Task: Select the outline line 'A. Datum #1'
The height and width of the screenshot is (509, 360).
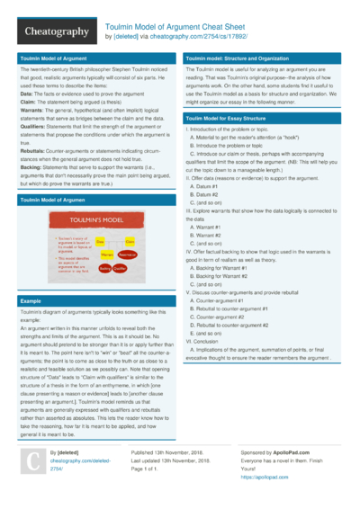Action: tap(207, 186)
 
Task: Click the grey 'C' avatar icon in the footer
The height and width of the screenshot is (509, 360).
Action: tap(31, 461)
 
